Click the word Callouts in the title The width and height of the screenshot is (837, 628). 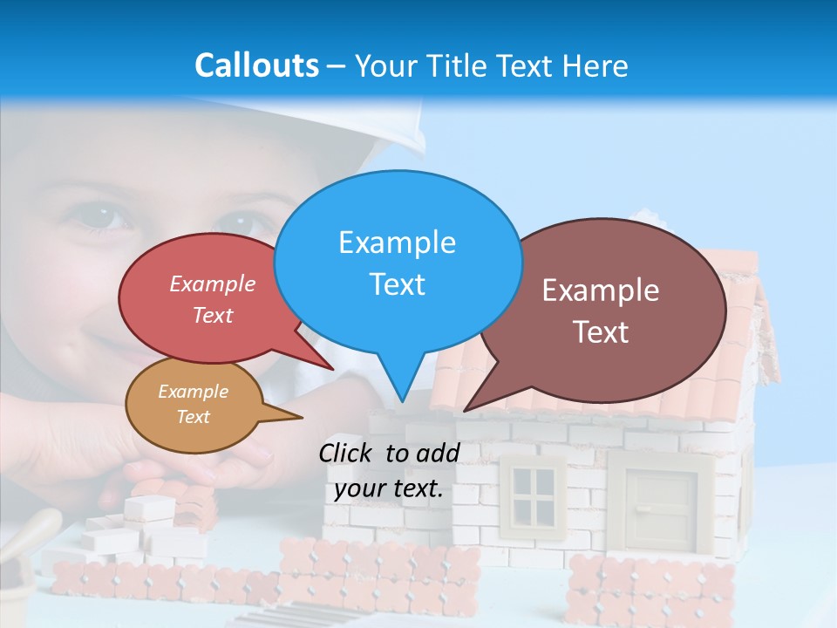point(256,65)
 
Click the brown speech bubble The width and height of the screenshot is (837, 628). point(610,310)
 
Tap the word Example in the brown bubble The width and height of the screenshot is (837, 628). point(601,290)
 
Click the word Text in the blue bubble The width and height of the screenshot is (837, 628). point(398,284)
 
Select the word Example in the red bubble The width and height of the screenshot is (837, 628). point(213,283)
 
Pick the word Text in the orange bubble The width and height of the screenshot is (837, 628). point(193,417)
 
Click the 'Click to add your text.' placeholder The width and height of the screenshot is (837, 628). point(389,471)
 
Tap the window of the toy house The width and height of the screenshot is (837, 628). point(534,494)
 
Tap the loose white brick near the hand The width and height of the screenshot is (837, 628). point(150,506)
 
